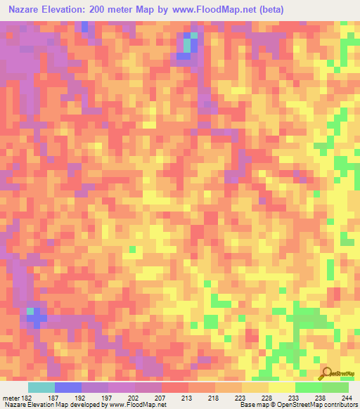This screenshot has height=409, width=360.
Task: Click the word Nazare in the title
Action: [x=25, y=10]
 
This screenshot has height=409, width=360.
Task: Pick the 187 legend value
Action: [x=54, y=398]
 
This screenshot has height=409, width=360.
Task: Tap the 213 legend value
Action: [x=188, y=398]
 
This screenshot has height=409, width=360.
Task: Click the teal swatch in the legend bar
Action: [x=41, y=387]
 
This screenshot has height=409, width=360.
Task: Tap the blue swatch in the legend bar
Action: [x=67, y=387]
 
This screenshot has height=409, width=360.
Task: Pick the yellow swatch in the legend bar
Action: [x=281, y=387]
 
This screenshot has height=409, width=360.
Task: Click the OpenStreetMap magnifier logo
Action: [x=326, y=372]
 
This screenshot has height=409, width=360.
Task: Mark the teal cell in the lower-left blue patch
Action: [x=30, y=310]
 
